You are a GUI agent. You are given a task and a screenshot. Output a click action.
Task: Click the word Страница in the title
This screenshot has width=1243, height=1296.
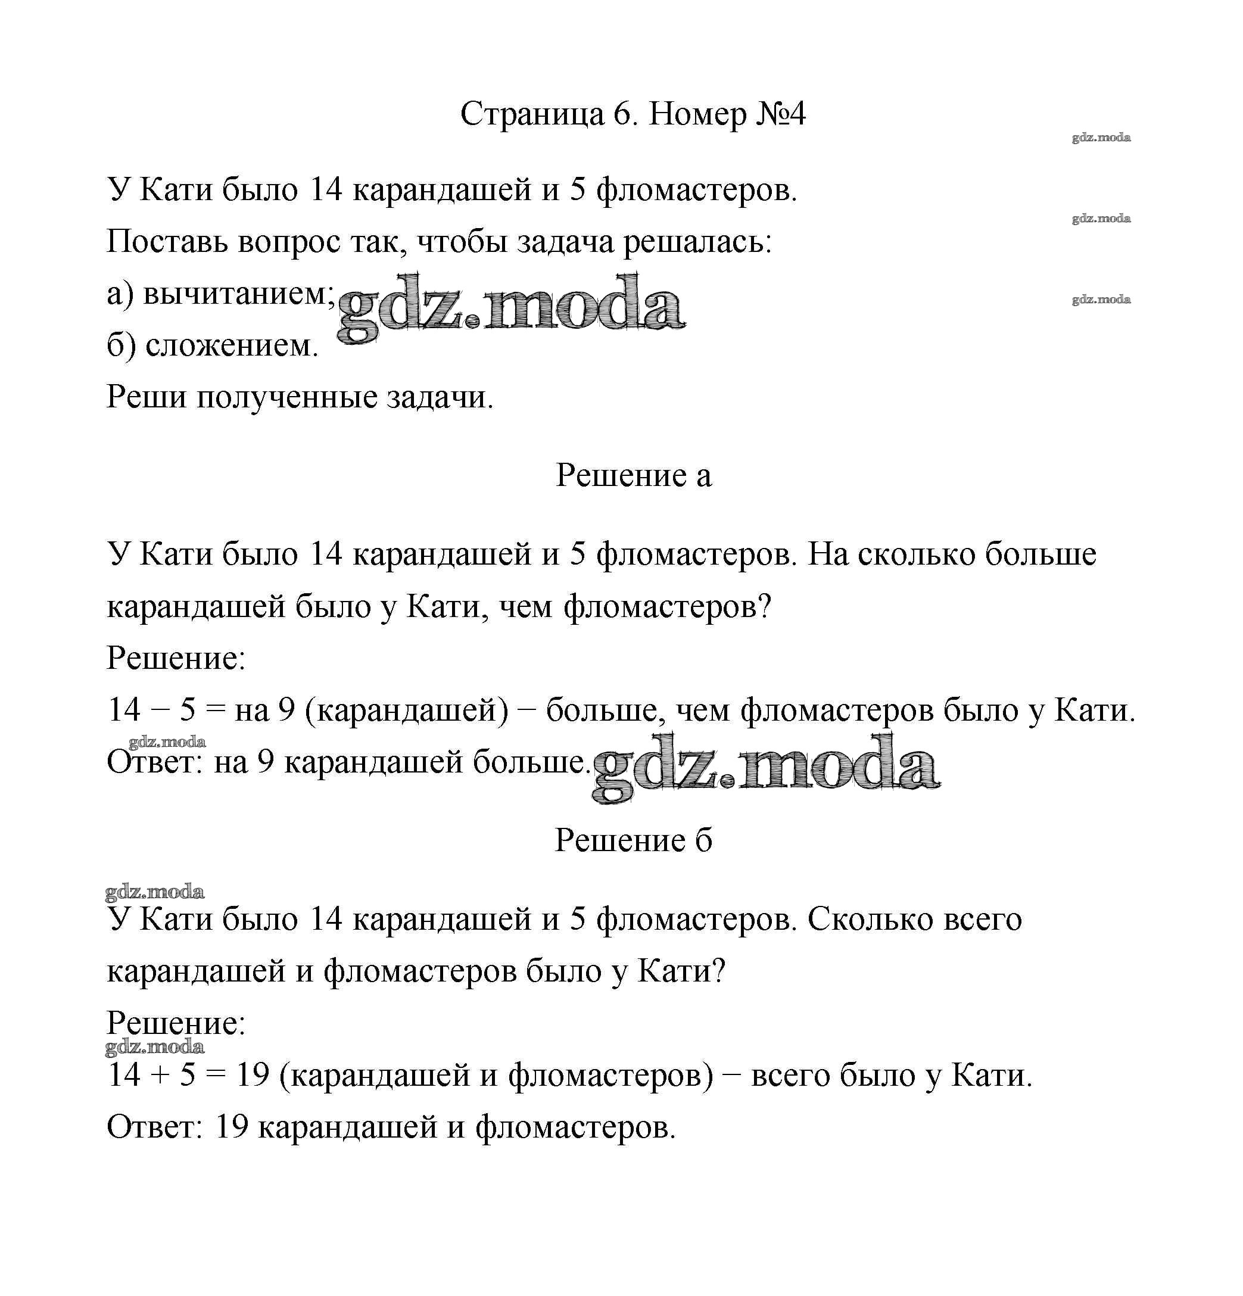[x=532, y=114]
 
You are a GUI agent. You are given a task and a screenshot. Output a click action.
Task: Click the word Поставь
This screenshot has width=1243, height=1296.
[x=168, y=242]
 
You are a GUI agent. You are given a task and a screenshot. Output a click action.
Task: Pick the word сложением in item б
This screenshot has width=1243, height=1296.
[x=232, y=345]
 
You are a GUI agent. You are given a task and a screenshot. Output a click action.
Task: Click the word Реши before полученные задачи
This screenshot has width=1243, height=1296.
[x=147, y=397]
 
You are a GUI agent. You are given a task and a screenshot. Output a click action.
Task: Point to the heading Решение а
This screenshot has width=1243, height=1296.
[x=633, y=475]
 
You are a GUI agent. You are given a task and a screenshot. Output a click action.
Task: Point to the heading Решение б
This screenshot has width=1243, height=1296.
[x=633, y=840]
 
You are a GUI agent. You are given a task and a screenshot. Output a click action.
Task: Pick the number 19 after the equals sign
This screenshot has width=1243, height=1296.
[x=253, y=1076]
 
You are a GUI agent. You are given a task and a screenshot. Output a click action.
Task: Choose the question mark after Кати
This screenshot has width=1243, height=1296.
[x=719, y=971]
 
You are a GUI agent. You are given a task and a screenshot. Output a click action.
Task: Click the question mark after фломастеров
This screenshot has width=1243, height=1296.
[x=765, y=606]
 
